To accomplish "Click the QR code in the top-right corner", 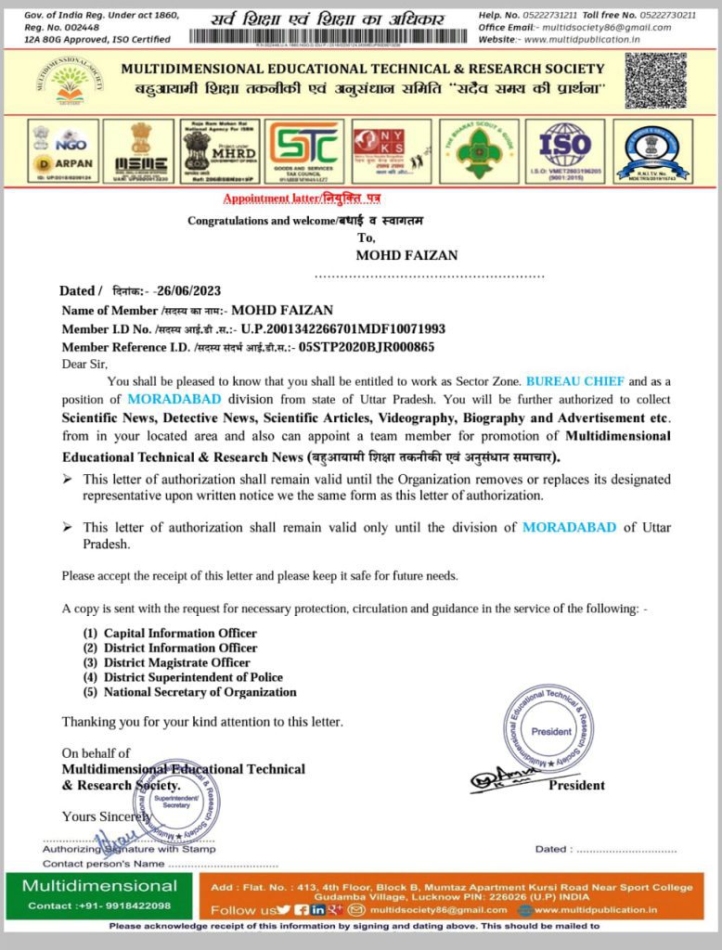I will pos(655,81).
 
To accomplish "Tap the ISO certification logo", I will pos(564,149).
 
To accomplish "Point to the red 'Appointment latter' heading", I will pos(302,199).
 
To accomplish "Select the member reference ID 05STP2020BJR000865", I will pos(367,347).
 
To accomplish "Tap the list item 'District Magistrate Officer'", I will pos(176,662).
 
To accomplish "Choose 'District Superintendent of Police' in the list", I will pos(193,677).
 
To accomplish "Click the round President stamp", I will pos(551,729).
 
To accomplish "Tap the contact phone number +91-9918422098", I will pos(99,905).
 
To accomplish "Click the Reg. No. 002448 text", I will pos(55,27).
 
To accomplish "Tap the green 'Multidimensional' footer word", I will pos(99,885).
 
